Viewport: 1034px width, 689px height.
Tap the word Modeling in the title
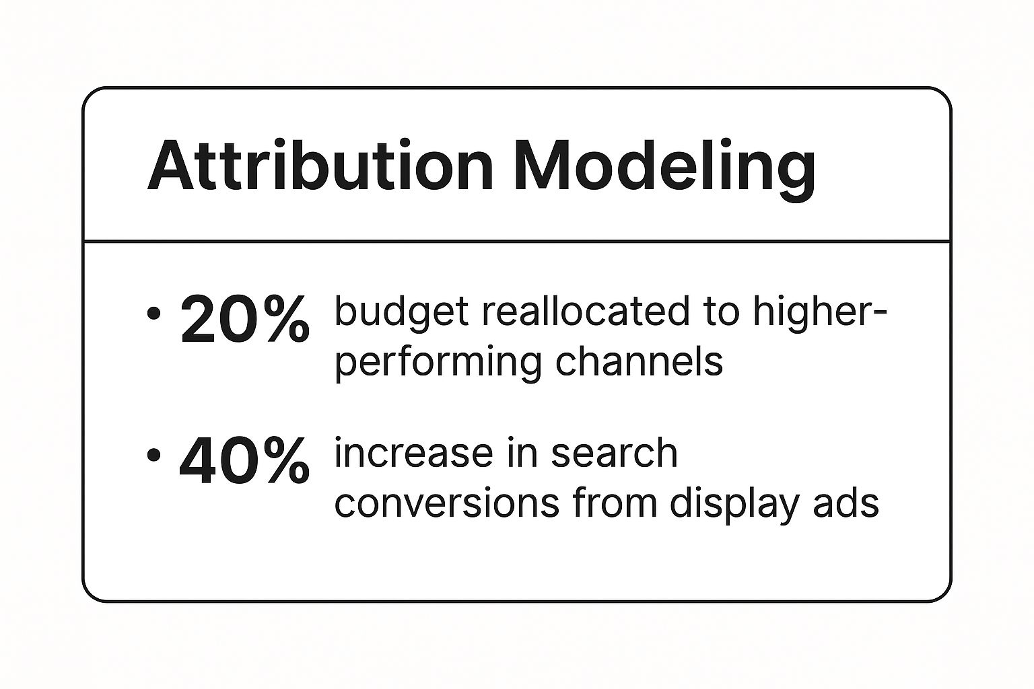(x=664, y=170)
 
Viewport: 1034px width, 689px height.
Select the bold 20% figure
(x=244, y=320)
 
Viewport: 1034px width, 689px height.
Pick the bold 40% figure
(x=244, y=461)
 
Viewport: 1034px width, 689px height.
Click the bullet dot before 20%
(x=153, y=314)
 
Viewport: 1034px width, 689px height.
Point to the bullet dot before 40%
(x=153, y=456)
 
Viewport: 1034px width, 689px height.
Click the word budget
(x=401, y=314)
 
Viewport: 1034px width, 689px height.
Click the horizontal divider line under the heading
(x=517, y=241)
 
